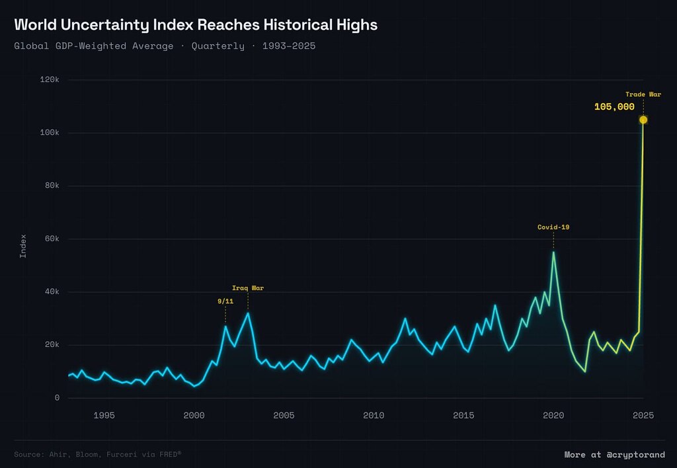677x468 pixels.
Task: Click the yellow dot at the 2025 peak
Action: coord(643,120)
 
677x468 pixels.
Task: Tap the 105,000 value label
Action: coord(614,107)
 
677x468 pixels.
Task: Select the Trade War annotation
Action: coord(643,95)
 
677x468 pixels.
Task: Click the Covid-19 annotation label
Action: coord(553,227)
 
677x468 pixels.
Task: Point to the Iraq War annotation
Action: coord(248,288)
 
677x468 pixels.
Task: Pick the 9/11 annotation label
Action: coord(225,301)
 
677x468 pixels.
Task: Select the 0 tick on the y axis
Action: coord(58,398)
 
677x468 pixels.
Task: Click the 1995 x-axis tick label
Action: coord(104,416)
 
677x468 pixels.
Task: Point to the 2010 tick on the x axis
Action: coord(374,416)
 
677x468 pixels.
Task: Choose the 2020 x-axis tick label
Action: coord(553,416)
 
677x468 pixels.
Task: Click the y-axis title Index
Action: coord(23,245)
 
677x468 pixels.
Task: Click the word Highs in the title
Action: coord(356,25)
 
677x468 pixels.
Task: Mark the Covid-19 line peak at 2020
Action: coord(553,252)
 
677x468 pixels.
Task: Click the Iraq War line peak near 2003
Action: coord(248,313)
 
